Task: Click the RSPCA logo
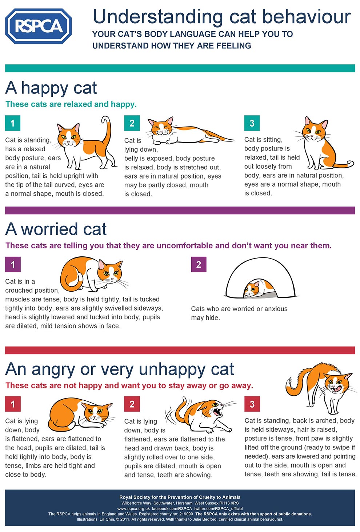pos(38,26)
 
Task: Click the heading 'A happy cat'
pos(51,88)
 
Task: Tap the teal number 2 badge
pos(132,123)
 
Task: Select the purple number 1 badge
pos(13,264)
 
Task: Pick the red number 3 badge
pos(252,404)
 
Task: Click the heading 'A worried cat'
pos(56,229)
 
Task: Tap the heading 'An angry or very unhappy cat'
pos(120,369)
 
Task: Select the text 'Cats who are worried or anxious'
pos(239,309)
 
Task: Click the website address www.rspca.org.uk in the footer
pos(133,508)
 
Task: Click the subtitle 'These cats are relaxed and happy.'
pos(71,104)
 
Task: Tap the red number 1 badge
pos(13,404)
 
